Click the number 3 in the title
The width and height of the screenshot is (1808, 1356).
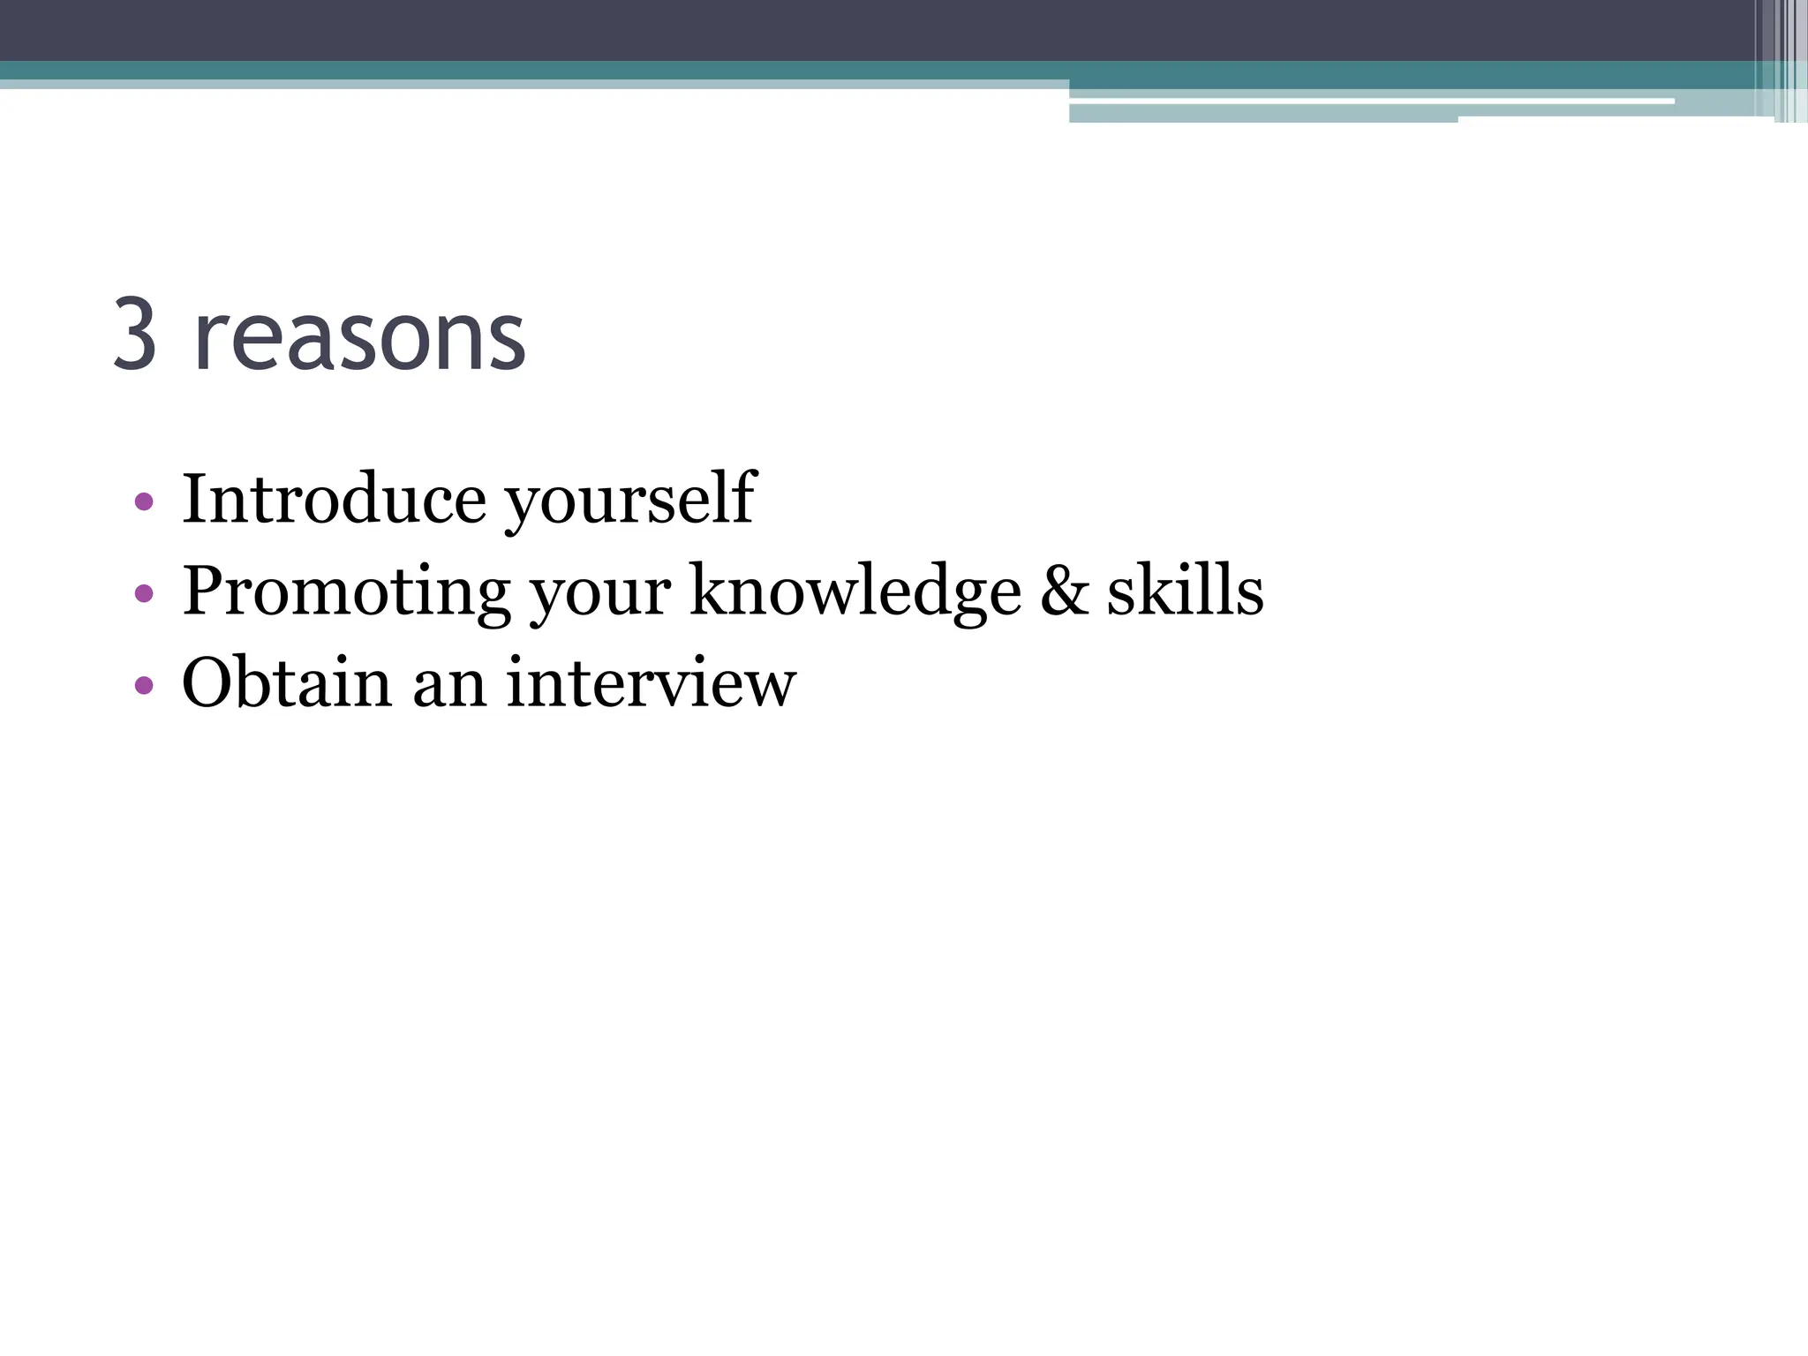[136, 335]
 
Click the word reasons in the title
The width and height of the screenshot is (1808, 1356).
[359, 337]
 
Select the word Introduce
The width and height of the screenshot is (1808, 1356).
[334, 499]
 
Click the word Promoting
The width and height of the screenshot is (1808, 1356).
[346, 592]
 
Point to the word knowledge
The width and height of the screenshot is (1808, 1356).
[855, 592]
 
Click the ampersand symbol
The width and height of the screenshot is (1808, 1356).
[1064, 591]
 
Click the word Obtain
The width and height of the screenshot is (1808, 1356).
[286, 682]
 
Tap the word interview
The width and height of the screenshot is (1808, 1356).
[652, 682]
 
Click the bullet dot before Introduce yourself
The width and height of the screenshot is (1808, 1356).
[144, 503]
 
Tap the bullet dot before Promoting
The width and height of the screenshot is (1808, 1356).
[144, 594]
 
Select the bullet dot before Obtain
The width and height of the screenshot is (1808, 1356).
[144, 685]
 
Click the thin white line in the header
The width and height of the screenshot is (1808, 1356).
[1368, 102]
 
